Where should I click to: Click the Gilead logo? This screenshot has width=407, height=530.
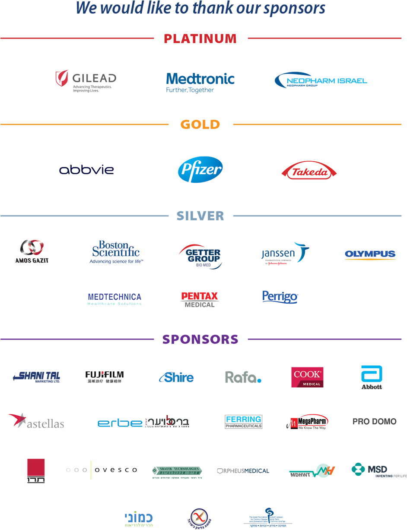[x=86, y=81]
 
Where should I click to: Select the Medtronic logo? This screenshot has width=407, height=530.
[x=200, y=82]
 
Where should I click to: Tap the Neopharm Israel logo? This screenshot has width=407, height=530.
[x=321, y=80]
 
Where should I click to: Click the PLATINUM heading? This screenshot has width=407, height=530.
[x=200, y=38]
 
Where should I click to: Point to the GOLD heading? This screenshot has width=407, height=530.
[x=200, y=125]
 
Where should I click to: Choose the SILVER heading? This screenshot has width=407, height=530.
[x=200, y=216]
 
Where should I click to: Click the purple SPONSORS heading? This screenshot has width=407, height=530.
[x=200, y=339]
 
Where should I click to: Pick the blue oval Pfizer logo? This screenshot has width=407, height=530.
[x=200, y=169]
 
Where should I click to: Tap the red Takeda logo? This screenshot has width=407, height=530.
[x=309, y=171]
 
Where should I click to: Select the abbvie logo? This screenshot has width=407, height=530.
[x=86, y=170]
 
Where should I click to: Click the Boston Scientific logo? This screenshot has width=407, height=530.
[x=116, y=252]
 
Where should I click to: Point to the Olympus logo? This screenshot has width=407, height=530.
[x=370, y=255]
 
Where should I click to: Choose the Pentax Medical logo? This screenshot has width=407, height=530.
[x=200, y=300]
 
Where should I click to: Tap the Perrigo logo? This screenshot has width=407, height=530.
[x=280, y=297]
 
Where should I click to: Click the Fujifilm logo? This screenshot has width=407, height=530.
[x=105, y=377]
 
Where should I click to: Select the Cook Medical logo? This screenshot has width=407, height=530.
[x=307, y=377]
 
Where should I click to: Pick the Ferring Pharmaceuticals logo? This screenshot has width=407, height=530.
[x=244, y=422]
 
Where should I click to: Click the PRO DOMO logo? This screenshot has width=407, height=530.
[x=374, y=421]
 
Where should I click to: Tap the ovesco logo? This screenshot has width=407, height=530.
[x=102, y=470]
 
